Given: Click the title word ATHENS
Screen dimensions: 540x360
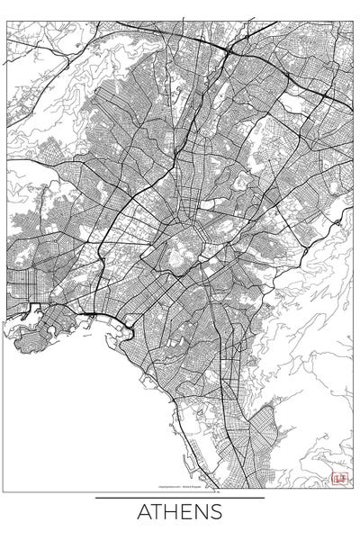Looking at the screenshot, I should (180, 513).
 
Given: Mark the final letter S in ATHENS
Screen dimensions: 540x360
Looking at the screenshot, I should (216, 513).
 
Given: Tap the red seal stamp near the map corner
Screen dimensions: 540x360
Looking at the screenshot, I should (339, 479).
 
